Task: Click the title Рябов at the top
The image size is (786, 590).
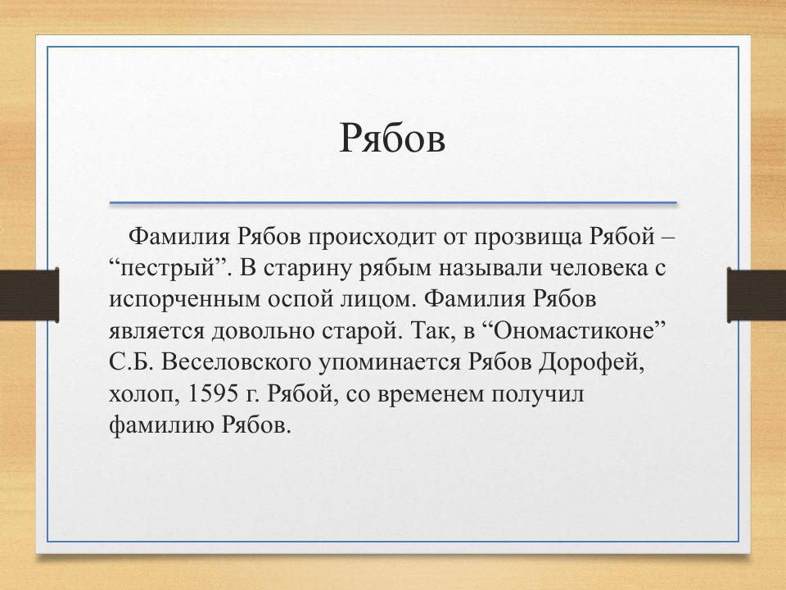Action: coord(392,138)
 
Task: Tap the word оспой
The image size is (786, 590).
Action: coord(300,300)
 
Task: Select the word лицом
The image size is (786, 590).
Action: coord(379,300)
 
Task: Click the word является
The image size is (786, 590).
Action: coord(157,332)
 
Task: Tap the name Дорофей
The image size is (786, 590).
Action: coord(591,363)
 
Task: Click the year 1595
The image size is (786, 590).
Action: coord(213,394)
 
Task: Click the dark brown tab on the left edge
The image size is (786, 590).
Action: coord(29,295)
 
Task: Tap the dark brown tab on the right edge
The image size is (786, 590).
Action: coord(757,295)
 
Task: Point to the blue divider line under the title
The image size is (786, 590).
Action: coord(394,202)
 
